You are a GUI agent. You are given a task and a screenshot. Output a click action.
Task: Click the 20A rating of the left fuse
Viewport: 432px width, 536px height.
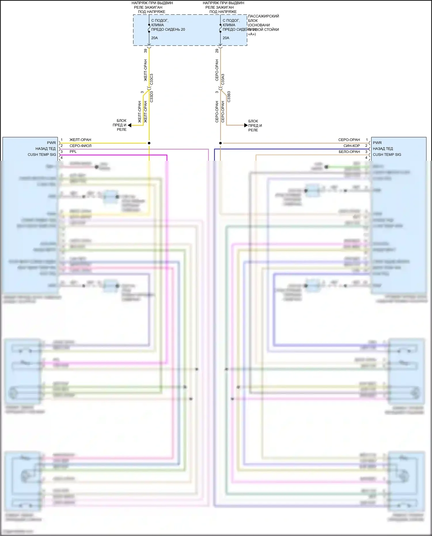(x=154, y=38)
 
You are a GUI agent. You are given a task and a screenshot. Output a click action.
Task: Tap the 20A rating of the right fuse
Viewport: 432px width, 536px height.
(x=226, y=38)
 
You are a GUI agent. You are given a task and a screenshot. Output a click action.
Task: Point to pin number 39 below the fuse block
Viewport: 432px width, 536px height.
(x=145, y=51)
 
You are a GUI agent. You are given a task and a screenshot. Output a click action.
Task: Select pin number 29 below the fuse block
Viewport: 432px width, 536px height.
(x=217, y=51)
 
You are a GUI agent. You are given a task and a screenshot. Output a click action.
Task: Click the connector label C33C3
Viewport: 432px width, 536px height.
(x=152, y=79)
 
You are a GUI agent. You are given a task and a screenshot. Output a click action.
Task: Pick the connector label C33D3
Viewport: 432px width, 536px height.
(x=152, y=97)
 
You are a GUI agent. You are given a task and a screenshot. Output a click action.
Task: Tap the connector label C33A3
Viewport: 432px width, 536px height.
(x=223, y=79)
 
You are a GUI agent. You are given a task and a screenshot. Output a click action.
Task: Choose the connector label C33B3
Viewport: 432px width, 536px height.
(x=229, y=97)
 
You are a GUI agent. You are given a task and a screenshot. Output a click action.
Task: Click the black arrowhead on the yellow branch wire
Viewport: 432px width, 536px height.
(x=130, y=125)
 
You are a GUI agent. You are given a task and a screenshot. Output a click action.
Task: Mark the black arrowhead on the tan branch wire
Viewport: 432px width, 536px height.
(x=246, y=125)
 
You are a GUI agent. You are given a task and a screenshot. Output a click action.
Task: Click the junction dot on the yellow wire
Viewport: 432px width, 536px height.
(x=149, y=143)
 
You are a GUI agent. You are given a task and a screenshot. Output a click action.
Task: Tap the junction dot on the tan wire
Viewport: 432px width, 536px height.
(x=220, y=143)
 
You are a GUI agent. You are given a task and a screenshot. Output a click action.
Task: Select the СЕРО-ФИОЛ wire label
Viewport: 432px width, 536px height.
(x=80, y=146)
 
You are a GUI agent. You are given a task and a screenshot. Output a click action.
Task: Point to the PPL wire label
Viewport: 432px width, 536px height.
(x=73, y=151)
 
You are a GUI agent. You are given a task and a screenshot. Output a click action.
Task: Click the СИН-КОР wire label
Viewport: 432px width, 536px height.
(x=351, y=146)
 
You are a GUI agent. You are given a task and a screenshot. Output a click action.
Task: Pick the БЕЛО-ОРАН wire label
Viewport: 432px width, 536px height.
(x=349, y=151)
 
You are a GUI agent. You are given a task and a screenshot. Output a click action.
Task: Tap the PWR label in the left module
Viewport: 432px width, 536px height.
(x=51, y=143)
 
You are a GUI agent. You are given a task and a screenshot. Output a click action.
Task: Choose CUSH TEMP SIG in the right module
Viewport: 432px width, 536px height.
(x=387, y=155)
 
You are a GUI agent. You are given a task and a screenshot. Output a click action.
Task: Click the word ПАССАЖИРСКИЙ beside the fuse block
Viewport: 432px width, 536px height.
(x=264, y=16)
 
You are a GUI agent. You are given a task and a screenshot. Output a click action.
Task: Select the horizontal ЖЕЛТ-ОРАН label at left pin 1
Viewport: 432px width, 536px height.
(x=80, y=140)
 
